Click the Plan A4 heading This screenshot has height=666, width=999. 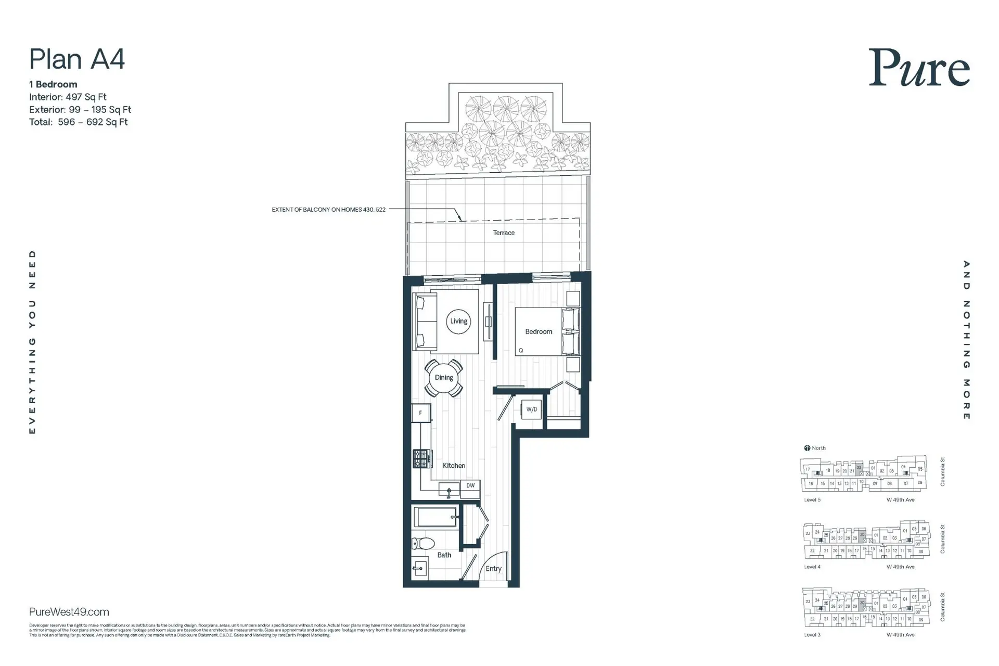(77, 59)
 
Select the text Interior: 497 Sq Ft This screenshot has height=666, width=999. (68, 97)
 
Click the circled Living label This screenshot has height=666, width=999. (458, 321)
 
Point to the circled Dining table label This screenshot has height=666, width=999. (444, 378)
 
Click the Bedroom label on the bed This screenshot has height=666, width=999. (539, 331)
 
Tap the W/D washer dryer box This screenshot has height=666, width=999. (532, 409)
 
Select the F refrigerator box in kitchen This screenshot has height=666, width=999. (420, 413)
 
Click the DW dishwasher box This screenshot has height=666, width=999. (470, 485)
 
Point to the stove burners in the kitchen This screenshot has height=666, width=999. (421, 459)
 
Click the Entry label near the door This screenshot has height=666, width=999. (493, 569)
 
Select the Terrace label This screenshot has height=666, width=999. (504, 233)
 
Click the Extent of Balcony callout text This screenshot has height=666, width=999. (328, 210)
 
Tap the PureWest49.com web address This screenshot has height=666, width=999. (69, 612)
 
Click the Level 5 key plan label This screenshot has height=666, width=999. (812, 499)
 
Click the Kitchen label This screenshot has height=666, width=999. (454, 466)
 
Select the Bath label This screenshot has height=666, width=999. (444, 555)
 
